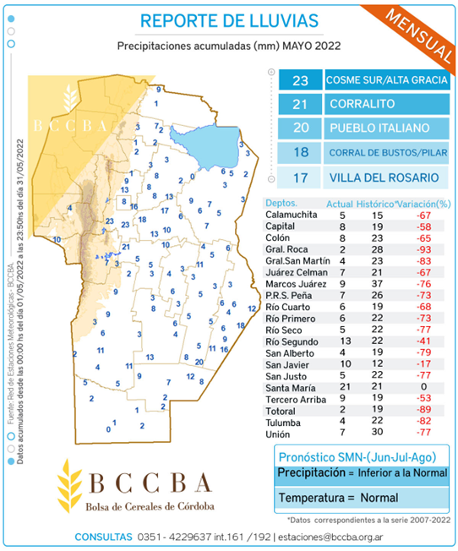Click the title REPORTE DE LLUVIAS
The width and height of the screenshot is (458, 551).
coord(229,20)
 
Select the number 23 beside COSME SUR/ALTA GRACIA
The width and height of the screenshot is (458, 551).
coord(300,81)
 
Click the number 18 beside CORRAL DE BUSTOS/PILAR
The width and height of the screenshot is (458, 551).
coord(300,153)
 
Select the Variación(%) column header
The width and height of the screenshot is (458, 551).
coord(425,204)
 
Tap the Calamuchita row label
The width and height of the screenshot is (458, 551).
coord(292,215)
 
